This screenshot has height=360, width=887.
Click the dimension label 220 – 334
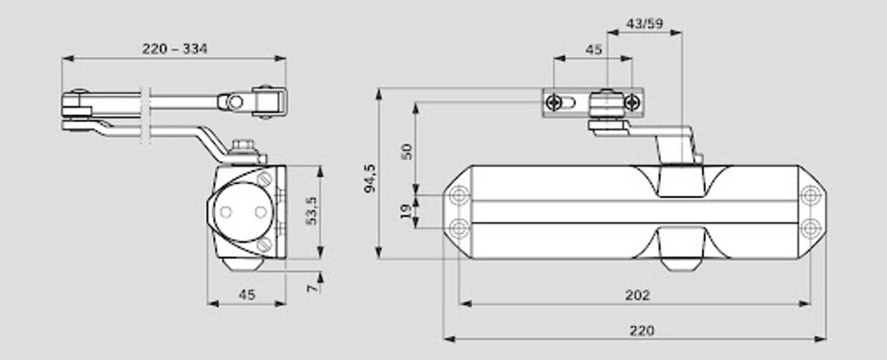pos(174,49)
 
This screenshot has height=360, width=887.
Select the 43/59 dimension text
pos(644,24)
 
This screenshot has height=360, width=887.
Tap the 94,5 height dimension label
pos(370,179)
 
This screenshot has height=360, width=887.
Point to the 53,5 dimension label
pos(311,211)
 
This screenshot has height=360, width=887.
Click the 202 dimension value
pos(637,295)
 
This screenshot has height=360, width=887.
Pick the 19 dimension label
pos(405,212)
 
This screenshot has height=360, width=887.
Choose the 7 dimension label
pos(311,288)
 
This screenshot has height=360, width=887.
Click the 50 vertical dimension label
pos(407,152)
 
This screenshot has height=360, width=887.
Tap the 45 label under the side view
pos(247,294)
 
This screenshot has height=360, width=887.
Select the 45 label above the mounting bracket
pos(593,50)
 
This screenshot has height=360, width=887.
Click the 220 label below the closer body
pos(641,331)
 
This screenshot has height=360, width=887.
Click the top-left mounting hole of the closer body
pos(459,196)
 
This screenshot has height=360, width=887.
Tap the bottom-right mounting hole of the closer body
pos(811,229)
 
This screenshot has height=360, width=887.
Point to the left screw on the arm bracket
pos(553,102)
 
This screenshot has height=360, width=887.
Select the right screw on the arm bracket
pos(632,102)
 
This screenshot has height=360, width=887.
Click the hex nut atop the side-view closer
pos(243,145)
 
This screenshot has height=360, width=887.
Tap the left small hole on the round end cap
pos(225,213)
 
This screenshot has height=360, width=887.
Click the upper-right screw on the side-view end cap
pos(264,179)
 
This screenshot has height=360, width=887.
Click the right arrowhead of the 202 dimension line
pos(805,303)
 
